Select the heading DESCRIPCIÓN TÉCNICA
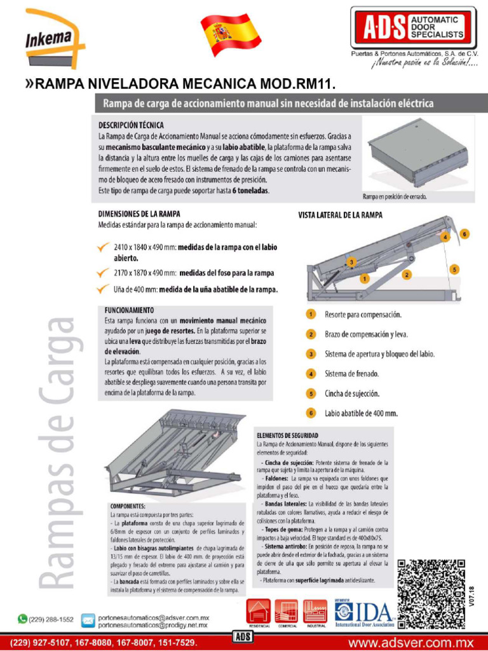click(131, 125)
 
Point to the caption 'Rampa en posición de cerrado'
click(395, 196)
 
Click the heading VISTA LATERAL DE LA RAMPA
click(340, 216)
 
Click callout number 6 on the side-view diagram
click(465, 234)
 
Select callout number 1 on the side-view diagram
click(363, 278)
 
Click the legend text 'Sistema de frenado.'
click(351, 374)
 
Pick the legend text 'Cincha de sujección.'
click(352, 394)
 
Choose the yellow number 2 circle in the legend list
click(311, 334)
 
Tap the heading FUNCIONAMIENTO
click(130, 310)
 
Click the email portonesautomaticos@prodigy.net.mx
click(152, 625)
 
